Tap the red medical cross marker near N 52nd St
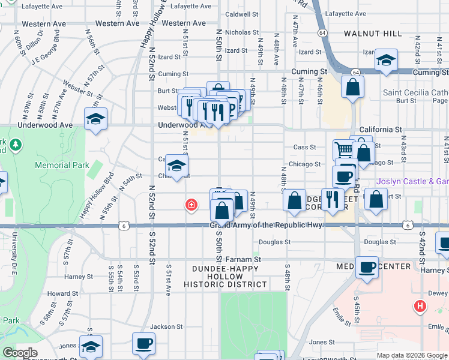point(191,206)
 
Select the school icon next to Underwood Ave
point(95,120)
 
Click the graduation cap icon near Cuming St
point(387,60)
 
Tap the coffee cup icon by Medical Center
point(366,267)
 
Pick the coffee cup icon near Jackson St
point(143,344)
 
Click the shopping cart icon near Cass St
point(343,149)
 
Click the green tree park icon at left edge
point(15,145)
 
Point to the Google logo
point(20,353)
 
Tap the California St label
point(380,130)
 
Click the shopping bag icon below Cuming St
point(353,86)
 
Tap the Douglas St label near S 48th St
point(274,242)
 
